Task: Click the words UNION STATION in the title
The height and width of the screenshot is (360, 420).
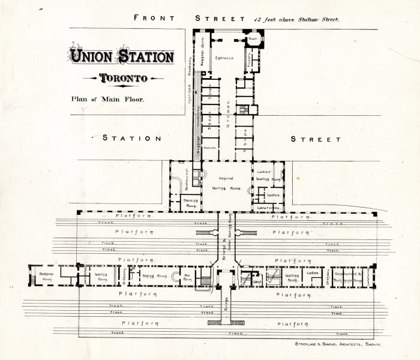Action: point(122,58)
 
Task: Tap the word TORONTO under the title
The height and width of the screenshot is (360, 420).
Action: point(123,79)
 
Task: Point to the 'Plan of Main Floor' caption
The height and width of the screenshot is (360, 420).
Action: point(107,99)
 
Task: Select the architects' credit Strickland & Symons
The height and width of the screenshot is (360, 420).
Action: point(338,344)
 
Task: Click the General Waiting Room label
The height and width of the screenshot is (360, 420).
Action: point(226,182)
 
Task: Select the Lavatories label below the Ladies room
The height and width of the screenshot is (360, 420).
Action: point(268,208)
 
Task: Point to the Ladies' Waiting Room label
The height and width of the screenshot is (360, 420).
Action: point(268,175)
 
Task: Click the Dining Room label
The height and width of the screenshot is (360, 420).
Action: point(154,275)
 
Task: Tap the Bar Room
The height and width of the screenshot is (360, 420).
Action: point(188,277)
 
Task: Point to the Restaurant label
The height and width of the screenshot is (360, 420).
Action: point(178,178)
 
